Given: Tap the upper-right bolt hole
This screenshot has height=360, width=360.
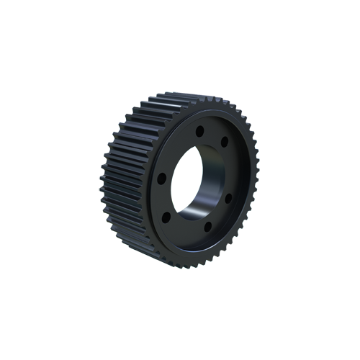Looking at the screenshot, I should (225, 142).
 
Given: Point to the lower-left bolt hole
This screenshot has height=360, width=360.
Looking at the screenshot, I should (166, 215).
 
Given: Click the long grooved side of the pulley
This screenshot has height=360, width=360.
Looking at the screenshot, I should (122, 180).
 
